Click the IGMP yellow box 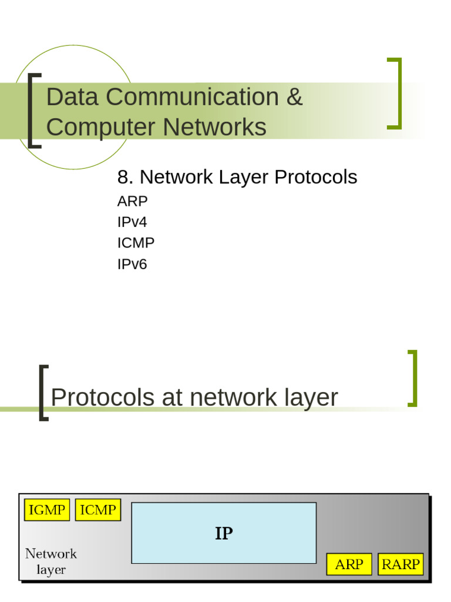[x=47, y=510]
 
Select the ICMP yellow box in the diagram [x=97, y=510]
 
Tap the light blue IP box [x=224, y=533]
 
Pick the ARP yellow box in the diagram [x=349, y=564]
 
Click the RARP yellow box [x=400, y=564]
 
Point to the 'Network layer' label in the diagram [x=51, y=561]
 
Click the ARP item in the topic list [x=132, y=201]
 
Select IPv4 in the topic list [x=132, y=222]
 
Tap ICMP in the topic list [x=136, y=243]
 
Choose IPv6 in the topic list [x=132, y=264]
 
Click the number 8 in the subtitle [x=123, y=177]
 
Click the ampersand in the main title [x=294, y=97]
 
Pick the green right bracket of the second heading [x=413, y=378]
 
